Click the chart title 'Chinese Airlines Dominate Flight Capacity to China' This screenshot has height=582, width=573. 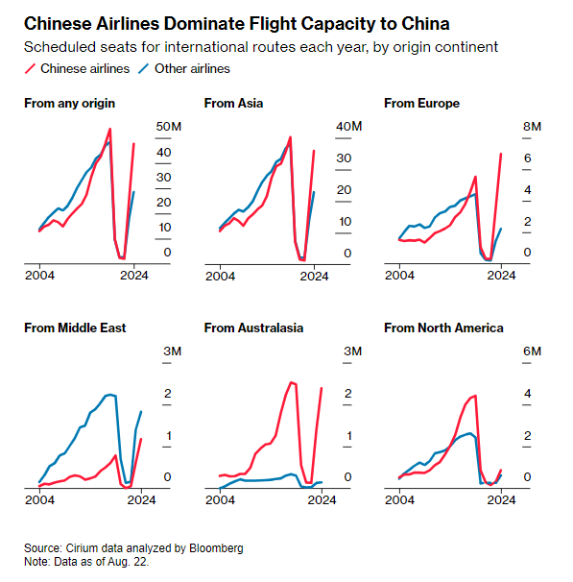coord(237,24)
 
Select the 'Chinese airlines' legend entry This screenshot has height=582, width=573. coord(77,68)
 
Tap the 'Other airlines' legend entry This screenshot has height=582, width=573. coord(184,68)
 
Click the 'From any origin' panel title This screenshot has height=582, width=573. coord(69,103)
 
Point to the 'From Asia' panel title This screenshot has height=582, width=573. coord(233,103)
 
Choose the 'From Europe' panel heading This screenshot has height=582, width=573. coord(421,103)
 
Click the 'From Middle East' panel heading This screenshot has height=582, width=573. coord(75,328)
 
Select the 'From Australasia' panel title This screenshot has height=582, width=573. coord(253,328)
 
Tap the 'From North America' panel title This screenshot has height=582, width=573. coord(443,328)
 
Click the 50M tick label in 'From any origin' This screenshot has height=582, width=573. coord(168,127)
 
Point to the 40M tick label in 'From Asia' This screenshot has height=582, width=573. coord(348,127)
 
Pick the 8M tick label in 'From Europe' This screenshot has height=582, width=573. coord(532,127)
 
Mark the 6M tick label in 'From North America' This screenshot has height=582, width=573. coord(532,352)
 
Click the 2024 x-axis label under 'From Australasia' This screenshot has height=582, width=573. coord(322,500)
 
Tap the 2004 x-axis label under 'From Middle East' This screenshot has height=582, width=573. coord(39,500)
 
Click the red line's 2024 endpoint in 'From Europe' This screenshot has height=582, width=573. coord(501,154)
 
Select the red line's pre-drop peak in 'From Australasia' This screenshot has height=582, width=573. coord(292,382)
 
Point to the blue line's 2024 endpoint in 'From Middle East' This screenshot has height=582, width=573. coord(141,412)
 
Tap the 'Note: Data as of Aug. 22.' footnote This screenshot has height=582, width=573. coord(86,562)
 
